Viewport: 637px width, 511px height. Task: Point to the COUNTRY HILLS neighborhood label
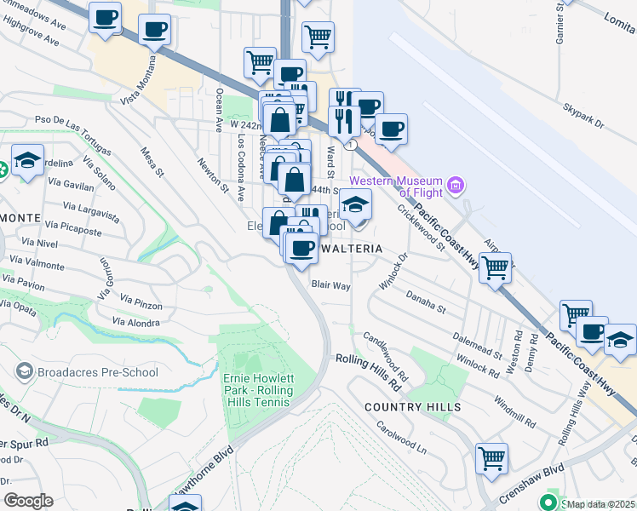click(412, 407)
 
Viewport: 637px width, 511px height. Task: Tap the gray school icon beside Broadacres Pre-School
click(25, 371)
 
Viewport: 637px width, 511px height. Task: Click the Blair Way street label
click(330, 286)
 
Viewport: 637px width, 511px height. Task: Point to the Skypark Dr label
click(583, 118)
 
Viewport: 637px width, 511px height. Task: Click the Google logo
click(28, 501)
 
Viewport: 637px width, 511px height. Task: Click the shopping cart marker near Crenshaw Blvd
click(492, 458)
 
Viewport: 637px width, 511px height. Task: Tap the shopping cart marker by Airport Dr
click(495, 267)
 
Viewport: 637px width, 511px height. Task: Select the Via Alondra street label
click(136, 323)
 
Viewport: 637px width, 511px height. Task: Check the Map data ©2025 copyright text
click(601, 504)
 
